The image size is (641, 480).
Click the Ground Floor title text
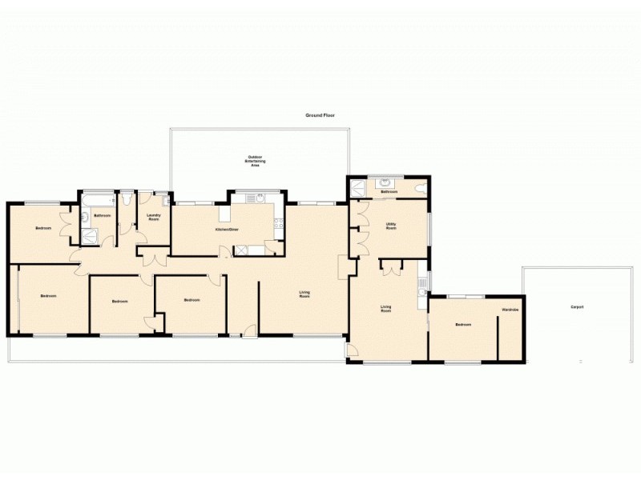coord(320,115)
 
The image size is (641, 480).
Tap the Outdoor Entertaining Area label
coord(256,160)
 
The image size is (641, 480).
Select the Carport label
coord(576,307)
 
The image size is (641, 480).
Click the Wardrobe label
coord(510,309)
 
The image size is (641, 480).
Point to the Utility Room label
coord(391,226)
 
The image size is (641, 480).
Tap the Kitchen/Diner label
coord(227,230)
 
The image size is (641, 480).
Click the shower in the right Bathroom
coord(357,187)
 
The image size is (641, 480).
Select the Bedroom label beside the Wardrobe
coord(463,325)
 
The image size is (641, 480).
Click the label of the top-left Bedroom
coord(43,229)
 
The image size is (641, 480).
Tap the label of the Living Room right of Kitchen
coord(304,294)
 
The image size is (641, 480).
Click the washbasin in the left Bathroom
coord(86,217)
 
